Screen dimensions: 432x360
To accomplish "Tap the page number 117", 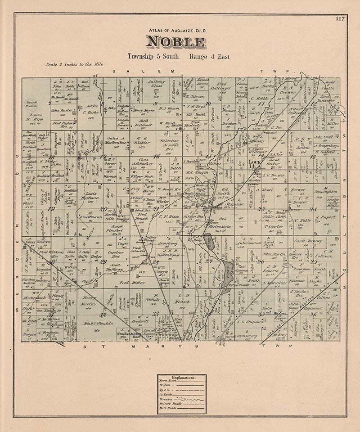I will (340, 18).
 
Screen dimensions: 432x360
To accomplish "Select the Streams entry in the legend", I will (165, 399).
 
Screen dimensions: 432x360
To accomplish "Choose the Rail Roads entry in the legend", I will (166, 408).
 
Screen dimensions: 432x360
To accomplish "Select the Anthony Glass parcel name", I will (157, 85).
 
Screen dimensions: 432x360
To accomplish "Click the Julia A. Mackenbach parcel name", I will (110, 141).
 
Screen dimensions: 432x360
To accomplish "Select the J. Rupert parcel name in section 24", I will (328, 217).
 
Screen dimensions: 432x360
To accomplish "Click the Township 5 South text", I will (153, 57).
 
